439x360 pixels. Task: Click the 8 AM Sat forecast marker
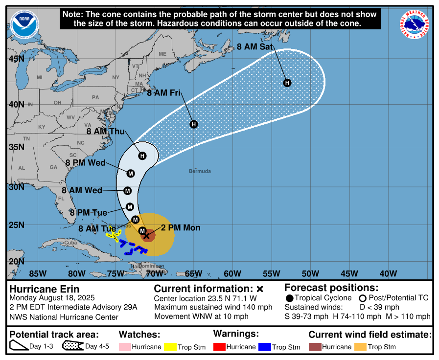[x=287, y=83]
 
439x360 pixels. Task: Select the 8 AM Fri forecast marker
[x=194, y=124]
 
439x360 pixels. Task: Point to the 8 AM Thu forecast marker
[x=142, y=156]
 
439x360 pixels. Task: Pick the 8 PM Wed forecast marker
[x=131, y=174]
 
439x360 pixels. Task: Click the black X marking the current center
[x=146, y=235]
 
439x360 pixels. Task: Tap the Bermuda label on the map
[x=200, y=171]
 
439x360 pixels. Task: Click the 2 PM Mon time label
[x=181, y=228]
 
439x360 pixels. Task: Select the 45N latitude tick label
[x=16, y=59]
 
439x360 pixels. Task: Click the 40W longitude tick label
[x=388, y=273]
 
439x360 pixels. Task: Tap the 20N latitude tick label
[x=16, y=261]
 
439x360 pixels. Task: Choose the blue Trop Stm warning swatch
[x=265, y=347]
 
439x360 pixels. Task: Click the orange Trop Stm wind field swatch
[x=360, y=347]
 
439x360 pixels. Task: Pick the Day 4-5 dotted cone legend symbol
[x=72, y=347]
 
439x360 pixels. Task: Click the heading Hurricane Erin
[x=45, y=289]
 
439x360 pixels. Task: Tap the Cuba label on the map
[x=72, y=243]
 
